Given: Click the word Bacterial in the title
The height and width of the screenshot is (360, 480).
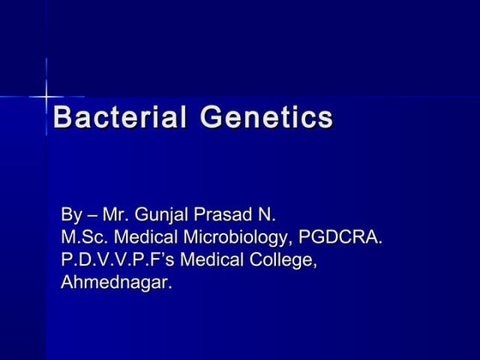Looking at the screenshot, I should (x=121, y=117).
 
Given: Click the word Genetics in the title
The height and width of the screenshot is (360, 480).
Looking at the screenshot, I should (x=267, y=117).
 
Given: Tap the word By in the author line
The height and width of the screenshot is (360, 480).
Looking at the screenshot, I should (x=73, y=213).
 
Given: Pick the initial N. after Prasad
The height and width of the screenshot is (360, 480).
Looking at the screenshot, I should (x=274, y=213).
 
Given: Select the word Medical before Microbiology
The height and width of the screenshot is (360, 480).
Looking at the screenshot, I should (x=150, y=237).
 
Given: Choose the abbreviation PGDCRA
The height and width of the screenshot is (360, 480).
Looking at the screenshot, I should (x=340, y=237).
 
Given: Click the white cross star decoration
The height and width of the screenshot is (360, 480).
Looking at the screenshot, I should (x=45, y=96).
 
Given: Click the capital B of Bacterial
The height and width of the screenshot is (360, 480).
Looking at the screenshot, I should (x=63, y=117).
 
